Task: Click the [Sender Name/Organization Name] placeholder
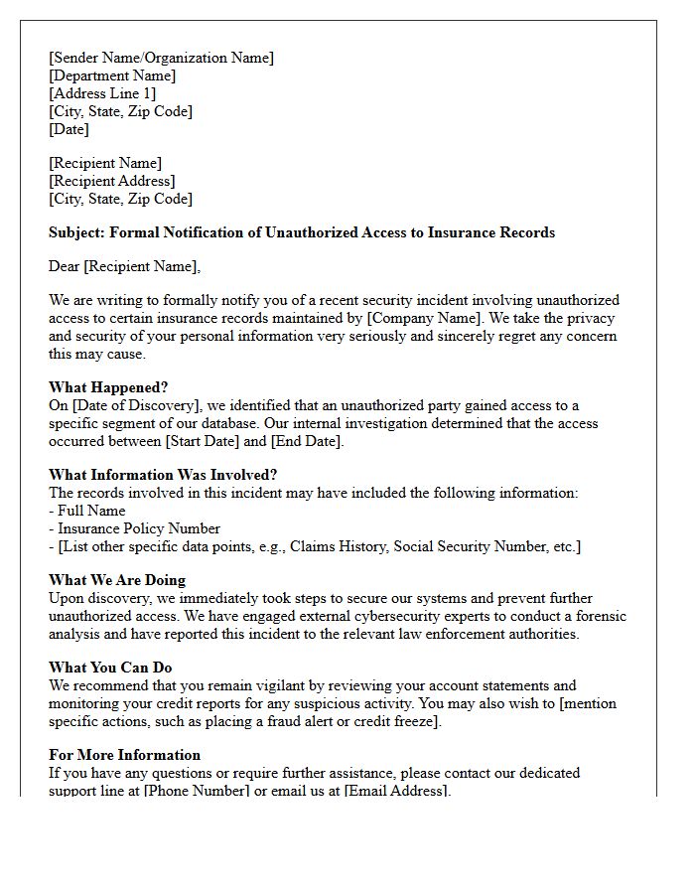[161, 58]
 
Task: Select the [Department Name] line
[112, 75]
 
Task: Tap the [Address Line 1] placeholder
[102, 93]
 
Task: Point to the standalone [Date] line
[69, 129]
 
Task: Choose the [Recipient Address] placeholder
[112, 181]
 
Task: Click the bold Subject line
[302, 232]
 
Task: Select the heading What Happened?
[108, 387]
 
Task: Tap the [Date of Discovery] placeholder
[136, 405]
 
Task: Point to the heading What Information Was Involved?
[163, 475]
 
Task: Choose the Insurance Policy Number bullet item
[134, 528]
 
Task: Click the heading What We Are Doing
[117, 580]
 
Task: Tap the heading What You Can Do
[110, 668]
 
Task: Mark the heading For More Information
[124, 755]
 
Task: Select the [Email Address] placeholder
[396, 791]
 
